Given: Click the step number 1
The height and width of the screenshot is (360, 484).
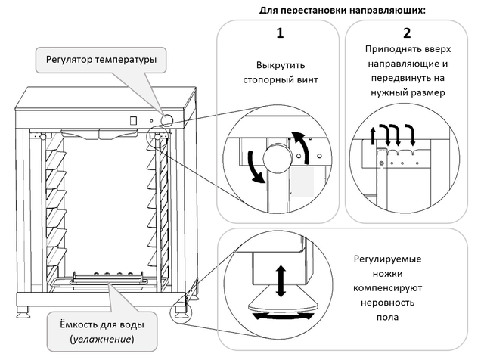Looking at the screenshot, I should [x=278, y=33].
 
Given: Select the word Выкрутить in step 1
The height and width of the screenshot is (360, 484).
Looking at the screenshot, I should [x=277, y=65].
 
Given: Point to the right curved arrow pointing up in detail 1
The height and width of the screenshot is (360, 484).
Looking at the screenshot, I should [x=302, y=148].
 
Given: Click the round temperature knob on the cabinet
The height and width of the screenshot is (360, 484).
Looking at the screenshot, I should [x=166, y=119].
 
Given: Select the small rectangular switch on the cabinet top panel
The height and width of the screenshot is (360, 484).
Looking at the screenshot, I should [x=133, y=119].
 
